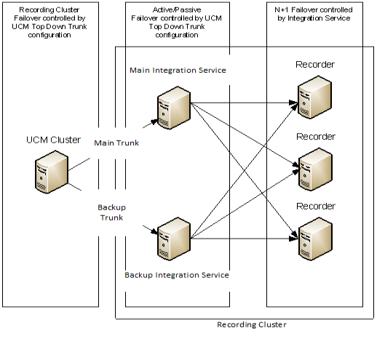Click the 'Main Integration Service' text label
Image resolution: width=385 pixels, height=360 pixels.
tap(178, 71)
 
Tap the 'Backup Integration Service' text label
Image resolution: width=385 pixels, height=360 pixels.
tap(177, 276)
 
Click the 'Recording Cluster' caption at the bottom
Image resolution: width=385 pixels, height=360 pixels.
tap(252, 324)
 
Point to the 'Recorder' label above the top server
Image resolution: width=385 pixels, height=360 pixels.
tap(315, 65)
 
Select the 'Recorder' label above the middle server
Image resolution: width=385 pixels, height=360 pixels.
tap(315, 136)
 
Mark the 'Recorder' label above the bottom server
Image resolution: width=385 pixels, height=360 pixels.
tap(315, 206)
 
